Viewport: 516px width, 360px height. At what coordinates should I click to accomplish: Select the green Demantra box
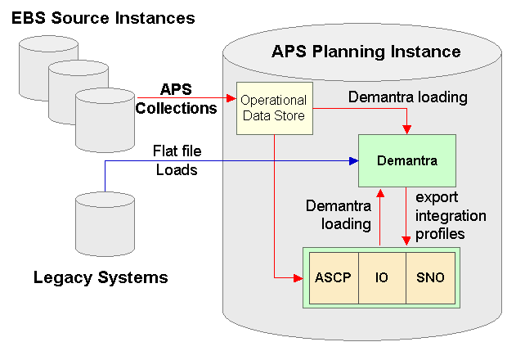click(x=406, y=160)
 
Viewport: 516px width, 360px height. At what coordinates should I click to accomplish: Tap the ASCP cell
click(x=333, y=277)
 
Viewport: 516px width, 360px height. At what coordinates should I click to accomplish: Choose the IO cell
click(x=381, y=277)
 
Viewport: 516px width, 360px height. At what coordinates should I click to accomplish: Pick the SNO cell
click(x=429, y=277)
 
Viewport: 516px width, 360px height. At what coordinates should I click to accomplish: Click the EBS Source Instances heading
click(x=103, y=17)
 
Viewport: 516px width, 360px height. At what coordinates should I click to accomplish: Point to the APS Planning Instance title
click(x=366, y=52)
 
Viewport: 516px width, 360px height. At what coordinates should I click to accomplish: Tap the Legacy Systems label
click(x=101, y=277)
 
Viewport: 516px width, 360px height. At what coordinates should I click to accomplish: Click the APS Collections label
click(x=176, y=98)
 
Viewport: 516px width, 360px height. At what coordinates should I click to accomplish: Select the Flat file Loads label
click(x=177, y=161)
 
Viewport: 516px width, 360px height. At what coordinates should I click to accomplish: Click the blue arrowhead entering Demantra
click(x=354, y=160)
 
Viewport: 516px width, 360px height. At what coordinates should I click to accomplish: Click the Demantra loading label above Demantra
click(x=407, y=97)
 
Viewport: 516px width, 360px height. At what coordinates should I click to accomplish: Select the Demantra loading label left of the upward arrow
click(x=338, y=214)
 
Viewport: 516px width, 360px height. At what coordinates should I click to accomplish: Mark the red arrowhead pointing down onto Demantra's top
click(x=406, y=129)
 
